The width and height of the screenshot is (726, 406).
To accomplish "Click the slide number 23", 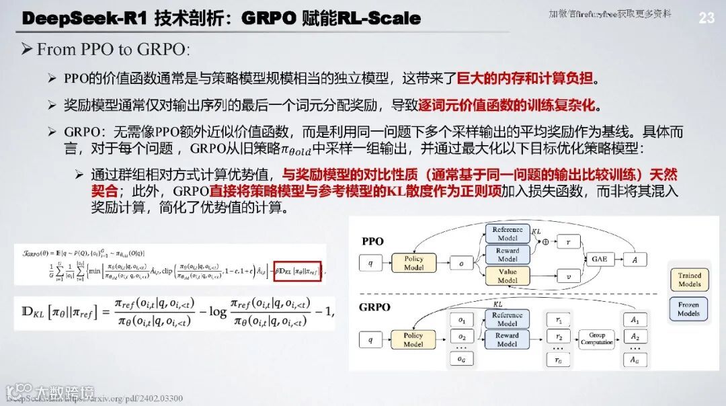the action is point(707,18).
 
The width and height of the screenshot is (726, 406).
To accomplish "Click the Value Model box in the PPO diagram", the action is point(508,276).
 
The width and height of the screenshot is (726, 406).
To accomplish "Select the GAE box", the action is point(599,259).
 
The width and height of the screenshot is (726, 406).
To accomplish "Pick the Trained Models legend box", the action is point(689,279).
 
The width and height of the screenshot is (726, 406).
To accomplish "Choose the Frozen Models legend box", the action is point(689,309).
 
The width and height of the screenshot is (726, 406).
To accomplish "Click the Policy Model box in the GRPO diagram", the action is point(413,339).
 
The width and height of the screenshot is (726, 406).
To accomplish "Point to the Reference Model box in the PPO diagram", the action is point(508,233).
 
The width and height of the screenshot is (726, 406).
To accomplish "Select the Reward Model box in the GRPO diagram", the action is point(508,339).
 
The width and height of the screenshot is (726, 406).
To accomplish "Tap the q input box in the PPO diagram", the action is point(370,263).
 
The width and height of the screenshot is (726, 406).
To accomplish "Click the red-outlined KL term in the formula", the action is point(298,272).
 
